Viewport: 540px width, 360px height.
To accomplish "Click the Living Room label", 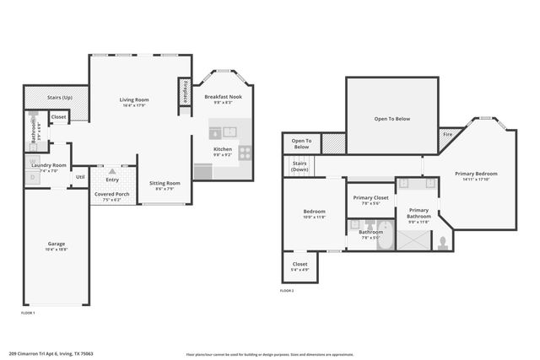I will coord(134,99).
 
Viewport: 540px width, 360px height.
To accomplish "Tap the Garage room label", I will coord(56,244).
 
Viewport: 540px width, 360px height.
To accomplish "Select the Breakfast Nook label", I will coord(224,97).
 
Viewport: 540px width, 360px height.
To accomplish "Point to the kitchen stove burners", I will coord(246,153).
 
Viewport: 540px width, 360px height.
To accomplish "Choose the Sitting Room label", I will coord(165,183).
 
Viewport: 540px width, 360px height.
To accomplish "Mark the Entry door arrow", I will coord(111,169).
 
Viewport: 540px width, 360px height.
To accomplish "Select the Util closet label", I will coord(80,177).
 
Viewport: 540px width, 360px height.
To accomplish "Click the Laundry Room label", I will coord(48,165).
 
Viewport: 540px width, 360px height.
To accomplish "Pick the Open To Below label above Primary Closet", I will coord(391,119).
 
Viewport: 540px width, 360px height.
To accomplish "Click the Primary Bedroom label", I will coord(476,174).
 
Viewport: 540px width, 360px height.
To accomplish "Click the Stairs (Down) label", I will coord(300,167).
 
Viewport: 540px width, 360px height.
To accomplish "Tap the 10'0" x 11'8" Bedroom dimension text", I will coord(303,217).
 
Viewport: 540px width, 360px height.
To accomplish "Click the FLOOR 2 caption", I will coord(287,290).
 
